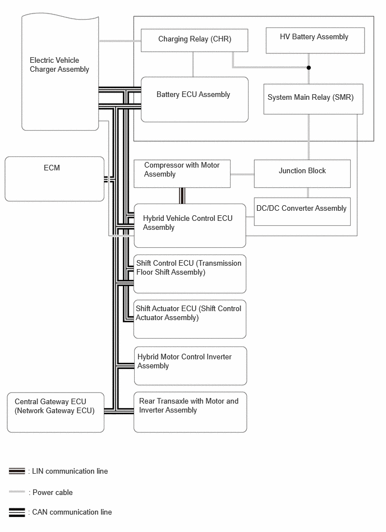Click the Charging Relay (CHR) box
pos(194,40)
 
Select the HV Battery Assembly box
pos(314,40)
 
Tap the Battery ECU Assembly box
pos(194,99)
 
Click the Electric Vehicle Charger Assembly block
pos(60,73)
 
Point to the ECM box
pos(54,179)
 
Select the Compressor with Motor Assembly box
pos(182,174)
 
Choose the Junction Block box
pos(302,174)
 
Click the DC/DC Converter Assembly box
pos(302,211)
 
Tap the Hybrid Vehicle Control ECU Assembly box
pos(190,225)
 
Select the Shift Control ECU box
pos(190,274)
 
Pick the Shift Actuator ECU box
pos(190,319)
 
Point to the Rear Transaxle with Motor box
pos(190,412)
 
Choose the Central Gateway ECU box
pos(56,412)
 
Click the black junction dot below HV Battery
pos(309,68)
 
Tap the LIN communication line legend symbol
pos(17,471)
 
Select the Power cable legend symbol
pos(17,492)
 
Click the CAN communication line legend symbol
pos(17,512)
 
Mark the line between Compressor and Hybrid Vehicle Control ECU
pos(182,196)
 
